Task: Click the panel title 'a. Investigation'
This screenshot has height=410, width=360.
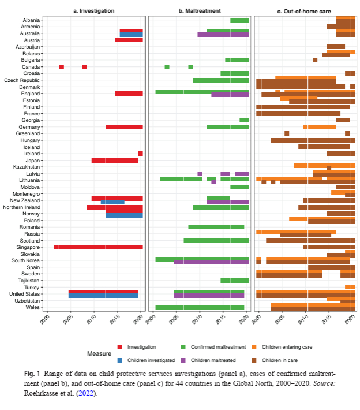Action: click(93, 11)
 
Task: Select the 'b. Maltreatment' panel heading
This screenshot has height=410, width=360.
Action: click(200, 11)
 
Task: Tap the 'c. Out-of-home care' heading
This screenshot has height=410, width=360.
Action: click(305, 11)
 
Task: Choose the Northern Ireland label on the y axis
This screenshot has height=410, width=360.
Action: click(21, 207)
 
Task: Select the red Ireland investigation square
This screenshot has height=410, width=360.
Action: click(140, 154)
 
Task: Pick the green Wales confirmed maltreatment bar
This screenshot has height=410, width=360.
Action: click(200, 307)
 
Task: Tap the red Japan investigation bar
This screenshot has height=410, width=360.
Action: click(115, 160)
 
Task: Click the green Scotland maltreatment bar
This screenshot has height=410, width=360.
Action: click(216, 240)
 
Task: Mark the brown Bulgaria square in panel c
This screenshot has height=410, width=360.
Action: click(315, 60)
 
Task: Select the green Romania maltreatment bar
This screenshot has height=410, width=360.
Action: click(216, 227)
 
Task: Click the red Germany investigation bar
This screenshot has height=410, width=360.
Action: click(124, 127)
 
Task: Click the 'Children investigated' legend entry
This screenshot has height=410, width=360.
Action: click(142, 360)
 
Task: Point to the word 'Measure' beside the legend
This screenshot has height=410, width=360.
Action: click(99, 353)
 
